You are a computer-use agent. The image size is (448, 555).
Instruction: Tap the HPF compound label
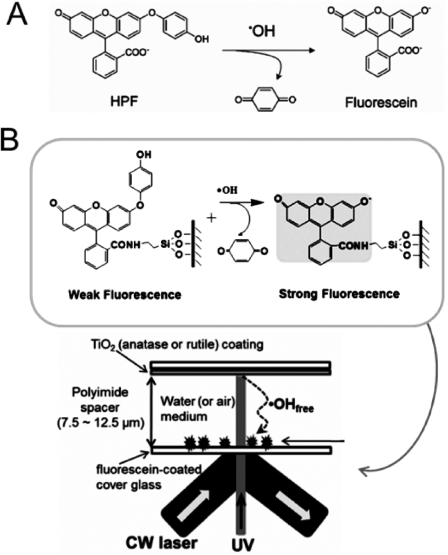[x=126, y=101]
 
